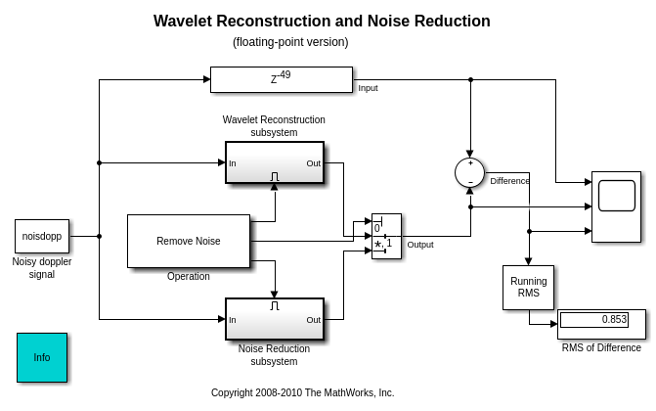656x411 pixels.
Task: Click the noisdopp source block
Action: tap(42, 236)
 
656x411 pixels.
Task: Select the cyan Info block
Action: tap(42, 357)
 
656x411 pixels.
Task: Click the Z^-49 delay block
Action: tap(281, 79)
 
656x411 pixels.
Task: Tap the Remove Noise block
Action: tap(189, 241)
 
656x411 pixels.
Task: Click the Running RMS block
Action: tap(528, 287)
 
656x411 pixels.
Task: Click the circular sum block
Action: tap(469, 172)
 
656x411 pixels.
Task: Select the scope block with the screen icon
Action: tap(616, 206)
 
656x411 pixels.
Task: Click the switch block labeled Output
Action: tap(386, 236)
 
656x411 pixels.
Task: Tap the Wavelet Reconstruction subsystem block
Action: tap(275, 163)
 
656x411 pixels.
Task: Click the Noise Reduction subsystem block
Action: tap(275, 320)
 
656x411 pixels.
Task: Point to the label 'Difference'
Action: tap(509, 181)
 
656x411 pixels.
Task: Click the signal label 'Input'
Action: tap(368, 88)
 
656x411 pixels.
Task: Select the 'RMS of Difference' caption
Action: tap(601, 347)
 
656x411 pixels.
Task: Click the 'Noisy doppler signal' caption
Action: tap(42, 268)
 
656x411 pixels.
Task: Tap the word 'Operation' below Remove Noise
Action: tap(189, 277)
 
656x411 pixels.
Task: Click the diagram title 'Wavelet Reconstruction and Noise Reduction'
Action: tap(322, 22)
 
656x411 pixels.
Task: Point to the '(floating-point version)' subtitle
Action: tap(290, 42)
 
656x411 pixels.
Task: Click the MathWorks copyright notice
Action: tap(302, 392)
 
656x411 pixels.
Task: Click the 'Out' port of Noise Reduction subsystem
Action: tap(313, 320)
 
